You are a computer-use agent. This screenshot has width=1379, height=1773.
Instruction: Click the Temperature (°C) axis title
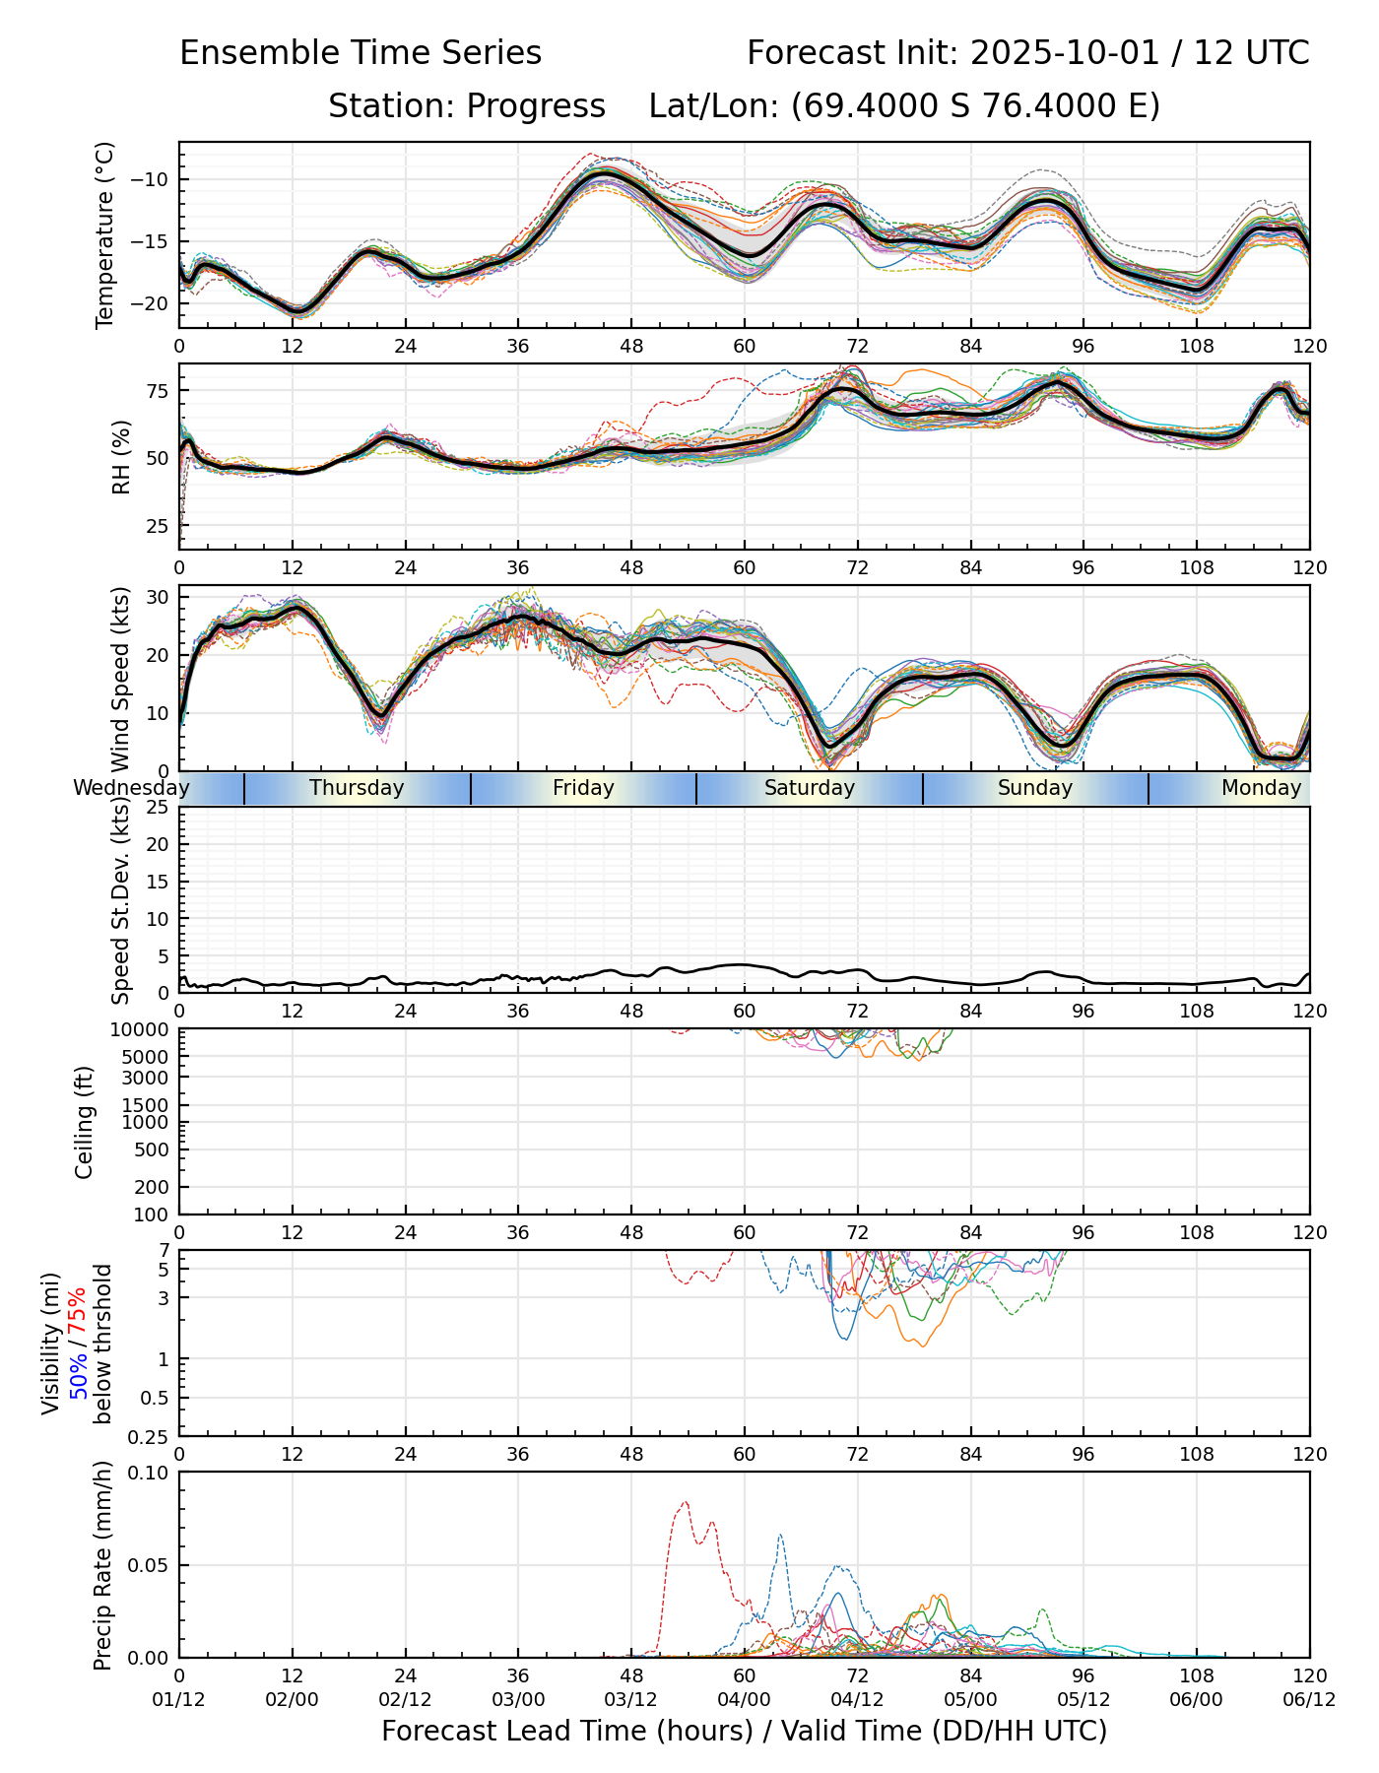[105, 234]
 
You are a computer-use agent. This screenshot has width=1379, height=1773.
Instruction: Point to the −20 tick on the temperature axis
[157, 303]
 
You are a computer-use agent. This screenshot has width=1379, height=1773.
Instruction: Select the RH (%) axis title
[121, 457]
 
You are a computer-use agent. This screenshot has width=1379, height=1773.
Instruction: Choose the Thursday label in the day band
[357, 788]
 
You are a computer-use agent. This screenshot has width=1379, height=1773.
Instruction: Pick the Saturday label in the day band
[810, 788]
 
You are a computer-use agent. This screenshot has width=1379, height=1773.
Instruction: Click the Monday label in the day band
[1261, 788]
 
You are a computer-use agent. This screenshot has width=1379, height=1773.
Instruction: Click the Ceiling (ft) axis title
[85, 1122]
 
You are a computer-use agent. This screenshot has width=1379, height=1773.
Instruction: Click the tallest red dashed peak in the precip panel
[685, 1502]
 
